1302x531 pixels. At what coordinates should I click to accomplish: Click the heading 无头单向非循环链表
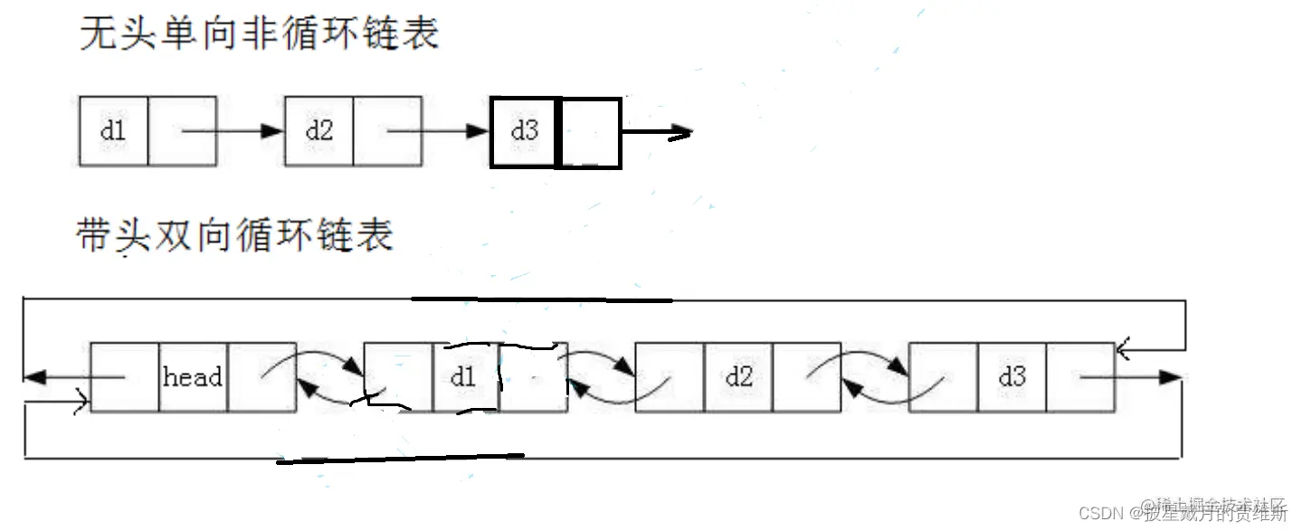[x=259, y=34]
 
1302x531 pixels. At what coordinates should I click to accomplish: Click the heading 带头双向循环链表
[x=235, y=235]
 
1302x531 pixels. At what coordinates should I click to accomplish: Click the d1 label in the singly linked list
[x=113, y=130]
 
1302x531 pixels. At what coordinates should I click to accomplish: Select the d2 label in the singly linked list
[x=318, y=130]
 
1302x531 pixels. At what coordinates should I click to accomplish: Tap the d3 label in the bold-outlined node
[x=524, y=132]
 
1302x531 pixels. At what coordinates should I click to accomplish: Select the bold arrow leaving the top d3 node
[x=657, y=133]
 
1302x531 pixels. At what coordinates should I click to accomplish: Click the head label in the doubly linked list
[x=193, y=377]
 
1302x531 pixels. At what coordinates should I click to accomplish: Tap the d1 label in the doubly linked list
[x=463, y=377]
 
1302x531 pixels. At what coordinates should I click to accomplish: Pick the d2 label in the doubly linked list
[x=738, y=377]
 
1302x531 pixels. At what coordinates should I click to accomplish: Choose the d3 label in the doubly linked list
[x=1012, y=377]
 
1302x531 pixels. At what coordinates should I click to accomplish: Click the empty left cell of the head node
[x=125, y=377]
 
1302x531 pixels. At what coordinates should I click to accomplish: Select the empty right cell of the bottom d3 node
[x=1079, y=377]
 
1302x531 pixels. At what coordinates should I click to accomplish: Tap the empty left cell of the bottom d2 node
[x=670, y=377]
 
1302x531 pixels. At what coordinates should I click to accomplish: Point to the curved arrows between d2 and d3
[x=875, y=378]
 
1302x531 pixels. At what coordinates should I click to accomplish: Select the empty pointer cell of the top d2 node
[x=387, y=131]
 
